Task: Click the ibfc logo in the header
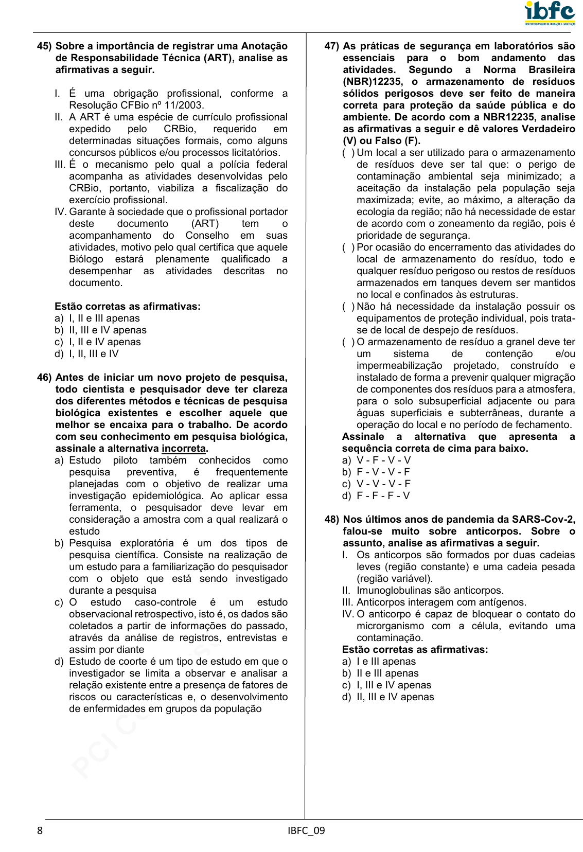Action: click(550, 13)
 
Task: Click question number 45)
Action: click(44, 46)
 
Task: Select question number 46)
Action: click(44, 378)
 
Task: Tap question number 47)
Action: click(332, 46)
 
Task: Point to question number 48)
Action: click(332, 520)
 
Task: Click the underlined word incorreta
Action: click(184, 449)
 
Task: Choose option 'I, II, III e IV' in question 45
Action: click(94, 354)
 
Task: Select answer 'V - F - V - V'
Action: click(383, 460)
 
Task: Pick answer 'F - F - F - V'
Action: click(383, 496)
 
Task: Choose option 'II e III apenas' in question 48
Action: click(387, 673)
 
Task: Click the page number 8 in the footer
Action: click(40, 830)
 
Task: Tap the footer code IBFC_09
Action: click(306, 830)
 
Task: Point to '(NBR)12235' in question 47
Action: click(372, 82)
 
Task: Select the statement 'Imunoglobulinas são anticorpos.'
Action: click(430, 591)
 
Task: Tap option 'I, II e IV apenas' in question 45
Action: click(104, 342)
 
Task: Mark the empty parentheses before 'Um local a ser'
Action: click(348, 153)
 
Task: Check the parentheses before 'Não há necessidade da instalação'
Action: click(348, 307)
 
